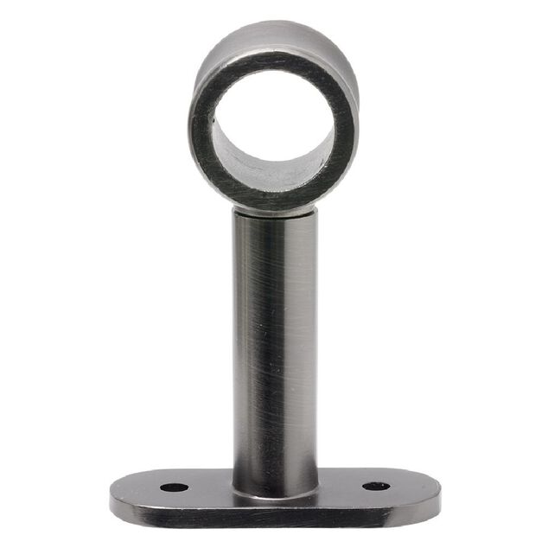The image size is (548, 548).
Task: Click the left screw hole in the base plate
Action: click(174, 487)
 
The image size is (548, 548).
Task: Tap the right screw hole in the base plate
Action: click(375, 486)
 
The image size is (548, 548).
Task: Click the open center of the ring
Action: click(272, 121)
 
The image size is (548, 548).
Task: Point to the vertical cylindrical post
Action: click(275, 346)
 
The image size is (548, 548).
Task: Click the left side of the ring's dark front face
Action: click(201, 130)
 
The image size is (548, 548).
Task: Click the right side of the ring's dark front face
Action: click(346, 130)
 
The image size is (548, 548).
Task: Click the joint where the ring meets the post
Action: click(275, 210)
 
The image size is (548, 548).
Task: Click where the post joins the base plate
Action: click(275, 494)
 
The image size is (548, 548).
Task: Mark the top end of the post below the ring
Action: click(275, 221)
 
